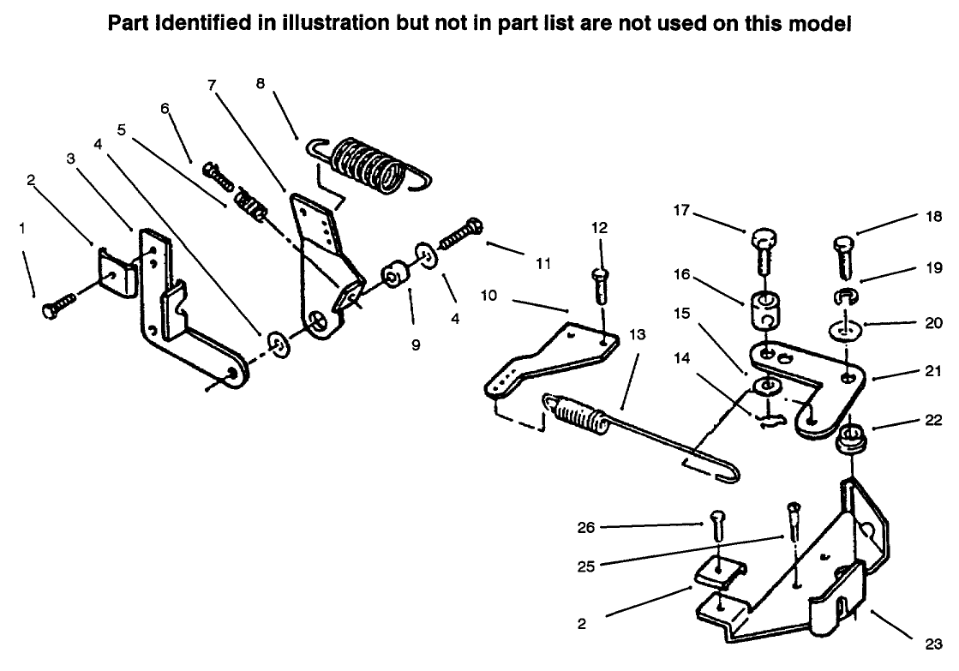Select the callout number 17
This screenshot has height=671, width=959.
point(681,211)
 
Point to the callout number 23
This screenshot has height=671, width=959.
point(933,644)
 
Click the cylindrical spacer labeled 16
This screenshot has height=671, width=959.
point(761,309)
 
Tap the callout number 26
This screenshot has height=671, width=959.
point(586,527)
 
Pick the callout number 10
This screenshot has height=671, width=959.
point(488,296)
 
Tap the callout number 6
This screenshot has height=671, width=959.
point(165,108)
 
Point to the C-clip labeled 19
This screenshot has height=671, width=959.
point(846,296)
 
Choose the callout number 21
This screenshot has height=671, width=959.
point(932,371)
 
